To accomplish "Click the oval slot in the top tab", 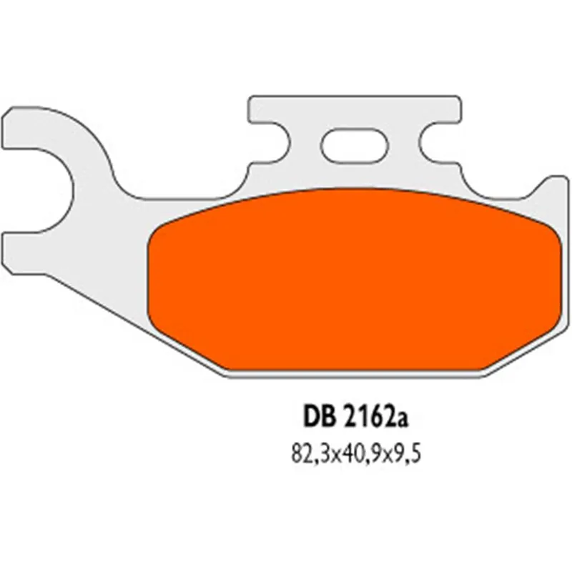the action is [x=355, y=146].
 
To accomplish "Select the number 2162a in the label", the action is [x=375, y=418].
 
